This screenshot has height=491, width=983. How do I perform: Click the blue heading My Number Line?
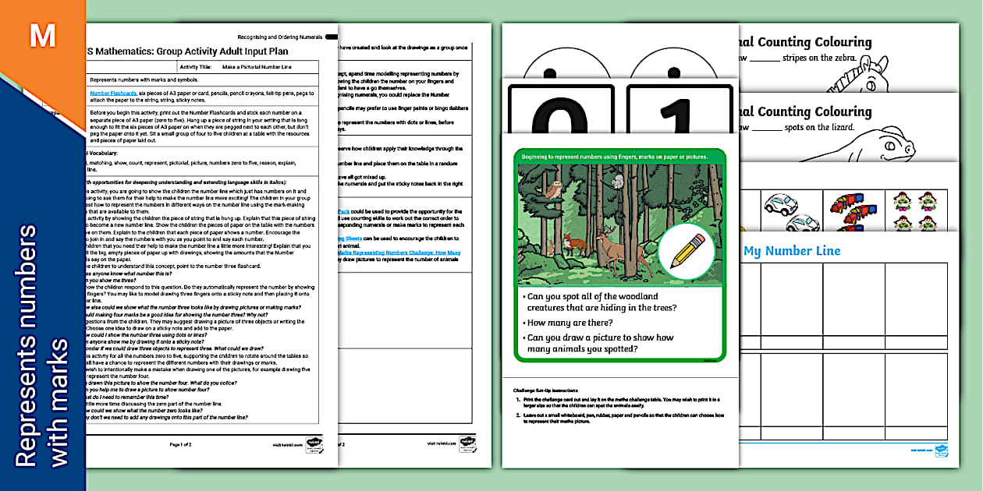792,251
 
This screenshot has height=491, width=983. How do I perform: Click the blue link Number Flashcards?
113,93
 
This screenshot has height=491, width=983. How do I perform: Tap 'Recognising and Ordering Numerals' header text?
279,37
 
